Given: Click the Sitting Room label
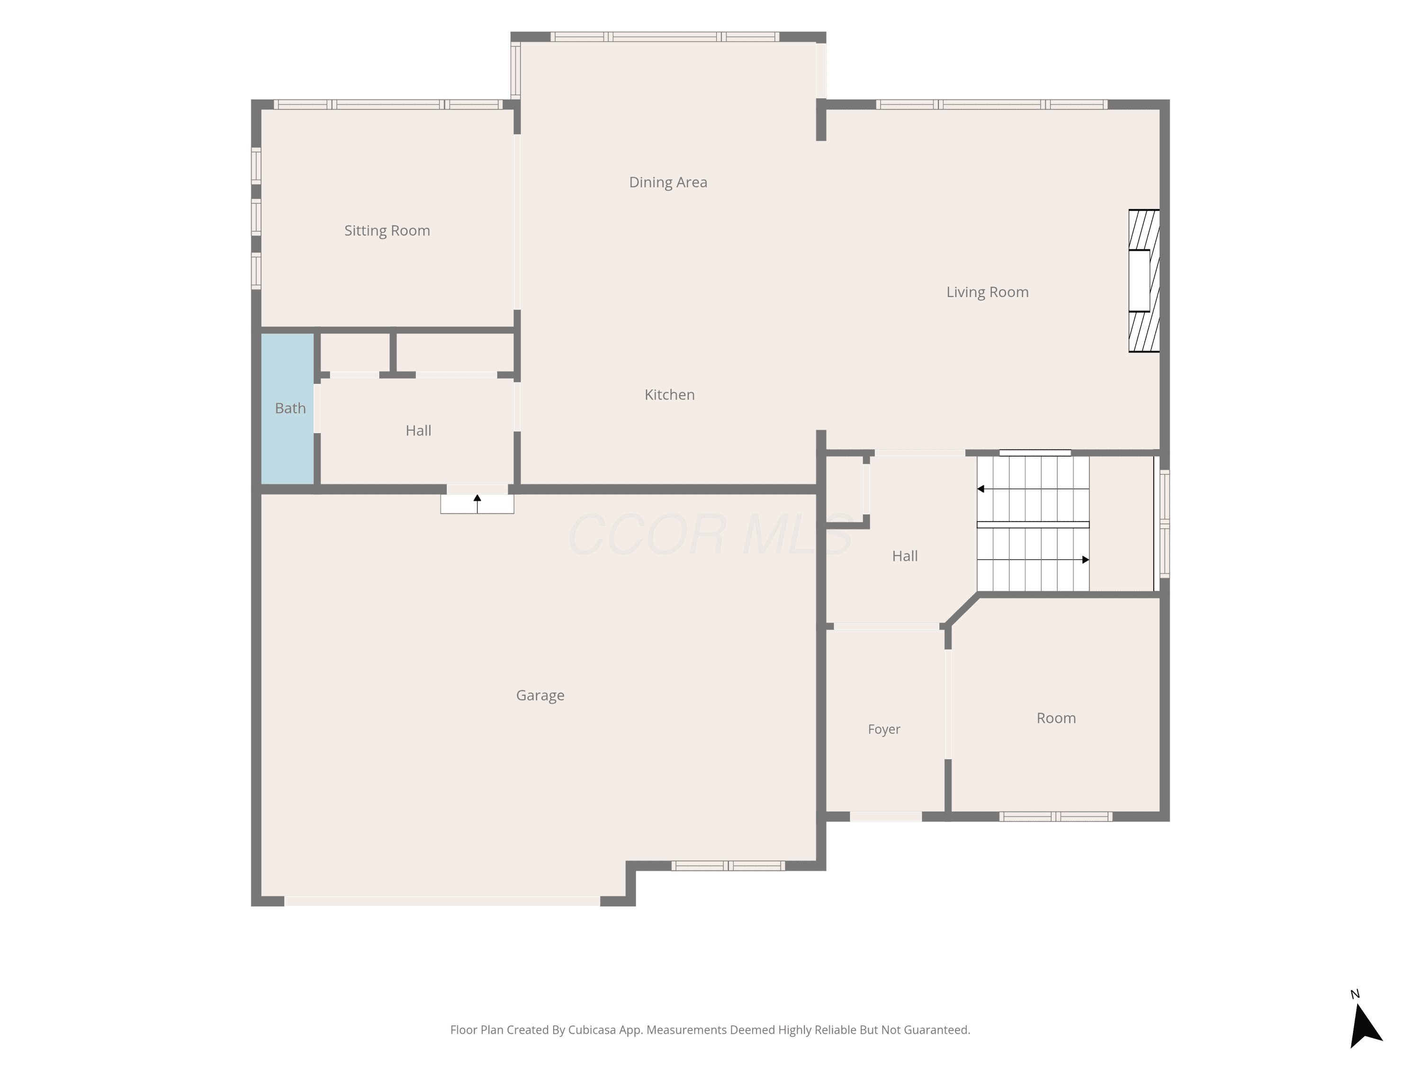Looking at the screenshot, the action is coord(387,231).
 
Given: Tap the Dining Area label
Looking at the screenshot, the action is coord(668,182).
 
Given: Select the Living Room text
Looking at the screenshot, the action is coord(988,292).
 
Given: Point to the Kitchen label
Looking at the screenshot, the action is coord(669,395).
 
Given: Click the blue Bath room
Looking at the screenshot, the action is coord(287,409).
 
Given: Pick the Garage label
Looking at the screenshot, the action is coord(540,695).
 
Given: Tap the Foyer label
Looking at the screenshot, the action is coord(884,729).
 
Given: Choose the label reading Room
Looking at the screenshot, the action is coord(1056,718).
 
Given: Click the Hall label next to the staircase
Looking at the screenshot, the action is coord(905,556).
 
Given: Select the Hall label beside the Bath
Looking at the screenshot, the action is coord(418,431).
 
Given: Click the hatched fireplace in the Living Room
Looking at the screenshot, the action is coord(1144,281).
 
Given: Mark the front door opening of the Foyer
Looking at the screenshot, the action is coord(886,817).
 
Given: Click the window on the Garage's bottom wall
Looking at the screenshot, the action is coord(728,866).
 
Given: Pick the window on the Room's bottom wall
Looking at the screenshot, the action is coord(1055,817).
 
